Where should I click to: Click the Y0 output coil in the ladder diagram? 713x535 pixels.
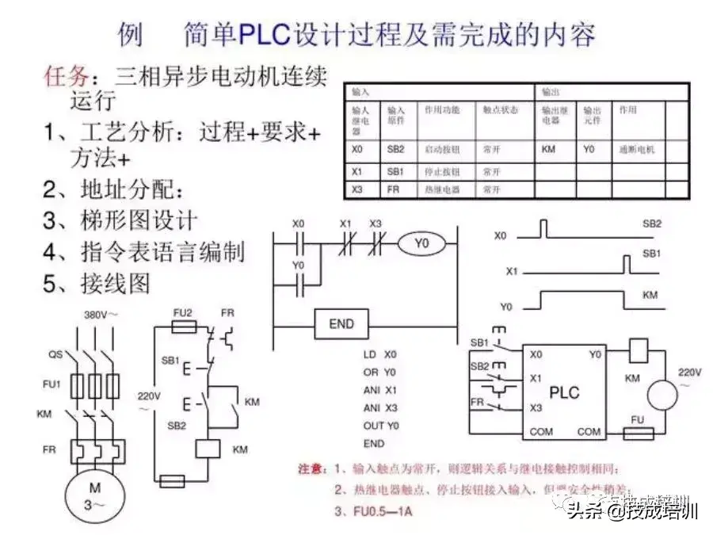[421, 244]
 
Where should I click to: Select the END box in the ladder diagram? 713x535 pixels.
[341, 323]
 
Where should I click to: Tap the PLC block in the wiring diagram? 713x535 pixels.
[564, 392]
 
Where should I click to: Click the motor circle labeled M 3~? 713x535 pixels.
[94, 496]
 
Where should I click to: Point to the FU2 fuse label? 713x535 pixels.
[183, 312]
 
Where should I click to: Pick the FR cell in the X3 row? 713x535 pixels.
[394, 190]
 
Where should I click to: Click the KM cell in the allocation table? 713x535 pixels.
[548, 149]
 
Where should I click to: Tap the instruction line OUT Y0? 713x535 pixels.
[381, 426]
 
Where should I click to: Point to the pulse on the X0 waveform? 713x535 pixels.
[543, 229]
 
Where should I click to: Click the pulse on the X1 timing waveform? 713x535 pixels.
[627, 265]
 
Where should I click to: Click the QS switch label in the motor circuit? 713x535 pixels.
[55, 354]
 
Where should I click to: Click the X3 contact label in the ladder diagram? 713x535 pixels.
[376, 224]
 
